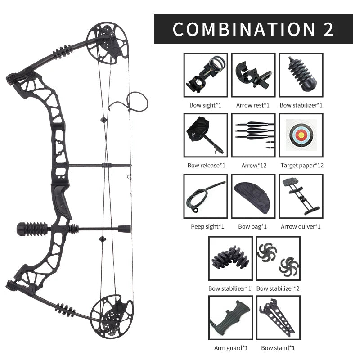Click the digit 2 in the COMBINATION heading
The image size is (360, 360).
click(328, 29)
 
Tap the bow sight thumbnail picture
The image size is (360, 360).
click(206, 75)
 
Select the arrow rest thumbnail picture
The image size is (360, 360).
click(253, 75)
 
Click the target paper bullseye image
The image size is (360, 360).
click(301, 135)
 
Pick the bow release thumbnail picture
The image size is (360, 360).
click(206, 135)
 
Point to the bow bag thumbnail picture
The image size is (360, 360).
click(253, 196)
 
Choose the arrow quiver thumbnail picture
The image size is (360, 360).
click(301, 196)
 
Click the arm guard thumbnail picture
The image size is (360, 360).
click(230, 318)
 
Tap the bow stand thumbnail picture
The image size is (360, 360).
click(278, 318)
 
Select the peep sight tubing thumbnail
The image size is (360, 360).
click(206, 196)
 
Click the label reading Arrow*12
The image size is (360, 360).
click(254, 166)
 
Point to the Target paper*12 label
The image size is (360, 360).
click(302, 166)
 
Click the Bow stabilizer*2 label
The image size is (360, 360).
click(278, 288)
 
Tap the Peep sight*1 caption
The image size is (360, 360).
click(207, 227)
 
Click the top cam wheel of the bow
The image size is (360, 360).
click(107, 43)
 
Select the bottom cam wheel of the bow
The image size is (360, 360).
click(112, 316)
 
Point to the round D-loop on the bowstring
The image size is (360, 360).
click(138, 102)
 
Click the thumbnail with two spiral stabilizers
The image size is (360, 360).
click(278, 258)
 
